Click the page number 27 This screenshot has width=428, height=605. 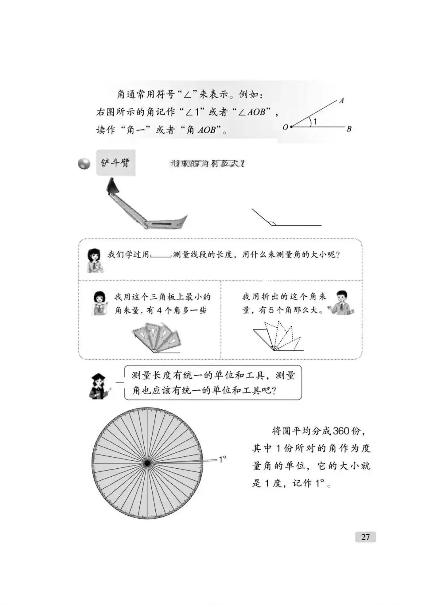coord(365,537)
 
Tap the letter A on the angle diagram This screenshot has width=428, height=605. coord(342,101)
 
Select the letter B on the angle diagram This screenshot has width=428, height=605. coord(349,129)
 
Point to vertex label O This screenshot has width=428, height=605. coord(285,127)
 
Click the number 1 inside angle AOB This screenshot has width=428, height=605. coord(315,122)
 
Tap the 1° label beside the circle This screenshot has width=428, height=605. coord(222,459)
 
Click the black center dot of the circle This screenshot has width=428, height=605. coord(147,463)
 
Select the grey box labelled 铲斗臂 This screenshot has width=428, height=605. coord(115,162)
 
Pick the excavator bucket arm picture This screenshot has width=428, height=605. coord(145,206)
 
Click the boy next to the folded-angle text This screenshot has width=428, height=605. coord(341,303)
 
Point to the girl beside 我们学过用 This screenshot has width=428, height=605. coord(95,260)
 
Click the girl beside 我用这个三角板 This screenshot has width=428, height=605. coord(100,303)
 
